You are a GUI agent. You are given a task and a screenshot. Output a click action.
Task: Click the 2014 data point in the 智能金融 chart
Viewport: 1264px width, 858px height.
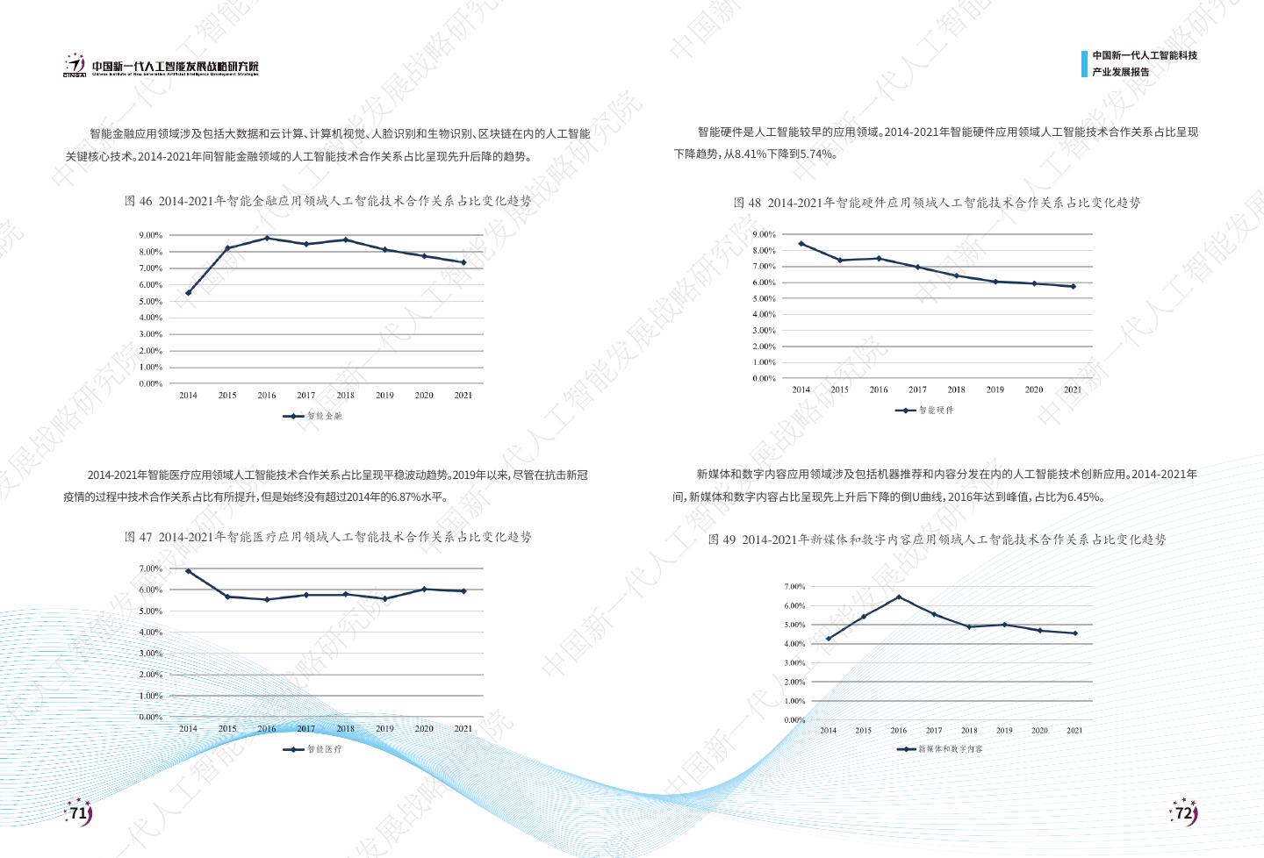click(188, 293)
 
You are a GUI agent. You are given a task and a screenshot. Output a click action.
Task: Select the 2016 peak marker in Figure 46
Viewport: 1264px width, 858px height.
click(267, 238)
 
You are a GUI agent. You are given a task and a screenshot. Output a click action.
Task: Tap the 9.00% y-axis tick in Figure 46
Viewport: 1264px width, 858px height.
click(150, 235)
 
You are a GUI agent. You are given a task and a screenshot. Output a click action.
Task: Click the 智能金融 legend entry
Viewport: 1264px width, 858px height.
click(313, 416)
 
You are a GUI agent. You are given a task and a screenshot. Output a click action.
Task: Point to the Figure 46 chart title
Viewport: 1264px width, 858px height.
click(327, 201)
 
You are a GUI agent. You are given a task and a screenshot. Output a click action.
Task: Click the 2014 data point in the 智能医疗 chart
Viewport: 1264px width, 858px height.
click(188, 571)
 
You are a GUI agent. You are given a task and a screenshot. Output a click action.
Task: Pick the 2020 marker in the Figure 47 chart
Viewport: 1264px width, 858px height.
click(424, 589)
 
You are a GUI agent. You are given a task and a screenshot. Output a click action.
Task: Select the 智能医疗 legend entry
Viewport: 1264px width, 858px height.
click(313, 749)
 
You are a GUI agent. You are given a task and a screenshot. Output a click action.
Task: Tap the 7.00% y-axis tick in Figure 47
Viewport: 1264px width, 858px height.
click(150, 568)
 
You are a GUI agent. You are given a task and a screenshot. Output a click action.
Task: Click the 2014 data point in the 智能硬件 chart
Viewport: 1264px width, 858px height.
click(801, 243)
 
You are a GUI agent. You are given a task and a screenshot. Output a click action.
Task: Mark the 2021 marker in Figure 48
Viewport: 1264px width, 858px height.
click(1073, 286)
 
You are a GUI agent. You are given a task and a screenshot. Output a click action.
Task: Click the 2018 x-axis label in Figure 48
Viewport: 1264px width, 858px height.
click(956, 390)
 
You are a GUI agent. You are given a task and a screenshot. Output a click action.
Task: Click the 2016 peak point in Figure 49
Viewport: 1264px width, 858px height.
click(898, 597)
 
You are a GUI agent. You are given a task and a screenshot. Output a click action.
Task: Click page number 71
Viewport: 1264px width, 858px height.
click(79, 813)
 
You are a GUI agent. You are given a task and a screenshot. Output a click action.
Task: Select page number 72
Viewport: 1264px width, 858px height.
click(1184, 813)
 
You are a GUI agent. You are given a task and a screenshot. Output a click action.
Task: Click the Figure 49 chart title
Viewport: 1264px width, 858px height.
click(937, 540)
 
